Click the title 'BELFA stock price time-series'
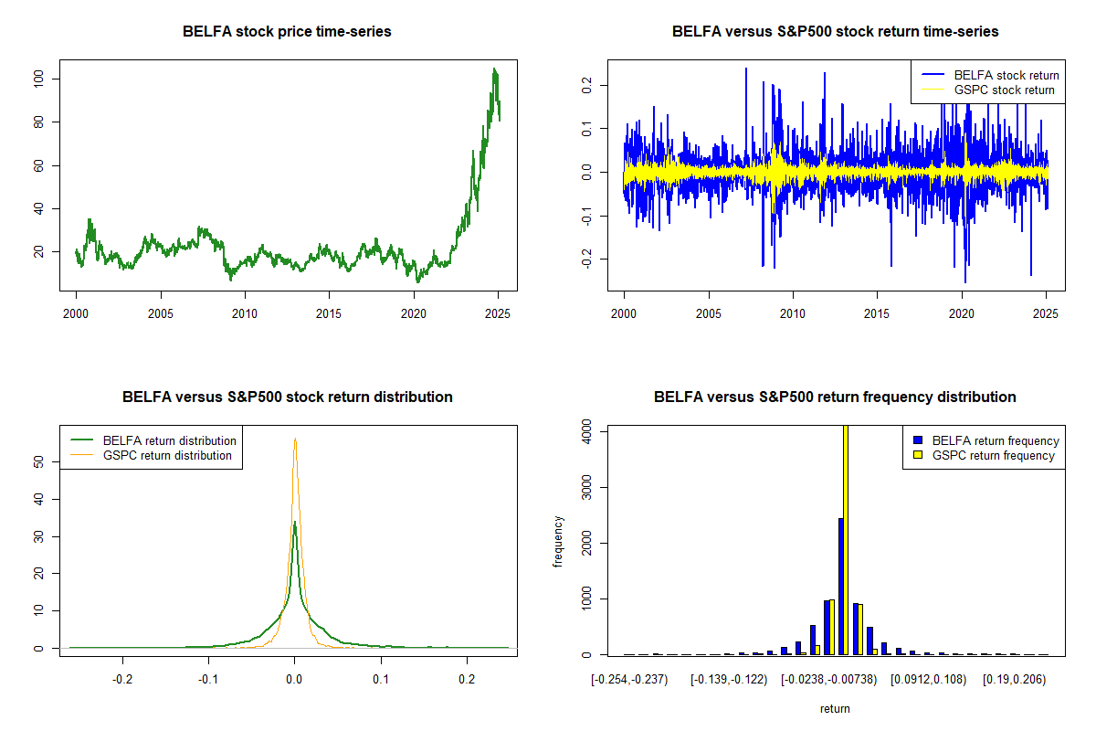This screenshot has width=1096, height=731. click(287, 31)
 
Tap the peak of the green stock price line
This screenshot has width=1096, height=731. click(494, 69)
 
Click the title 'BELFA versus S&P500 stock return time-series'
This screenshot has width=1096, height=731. click(835, 31)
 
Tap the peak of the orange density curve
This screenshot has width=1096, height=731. click(295, 440)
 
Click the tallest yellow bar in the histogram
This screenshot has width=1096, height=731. click(846, 539)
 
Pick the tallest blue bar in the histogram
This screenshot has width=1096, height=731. click(839, 586)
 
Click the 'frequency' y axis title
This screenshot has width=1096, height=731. click(560, 542)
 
